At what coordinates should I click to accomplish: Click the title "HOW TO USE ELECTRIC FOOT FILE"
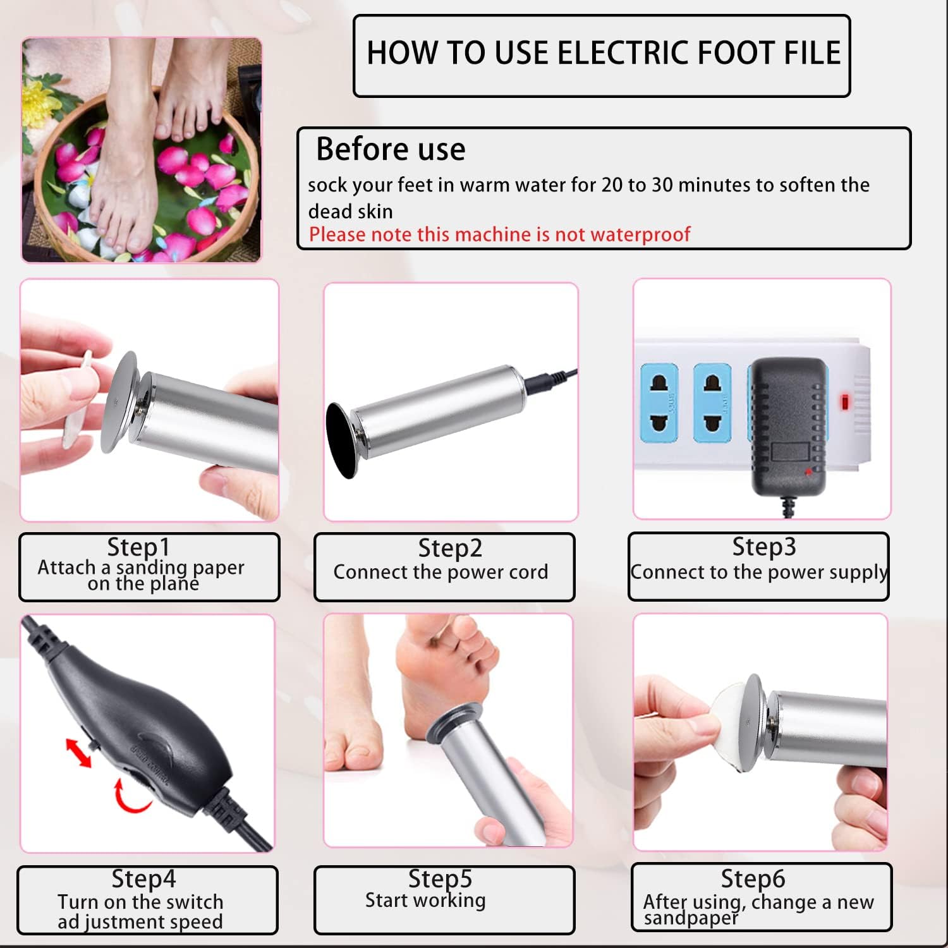[x=603, y=53]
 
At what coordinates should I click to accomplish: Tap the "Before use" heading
[x=391, y=150]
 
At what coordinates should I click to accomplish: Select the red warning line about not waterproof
[x=499, y=234]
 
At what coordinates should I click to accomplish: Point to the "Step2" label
[x=450, y=549]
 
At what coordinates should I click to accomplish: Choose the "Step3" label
[x=763, y=547]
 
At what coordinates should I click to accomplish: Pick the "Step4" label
[x=143, y=879]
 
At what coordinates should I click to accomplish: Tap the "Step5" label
[x=440, y=878]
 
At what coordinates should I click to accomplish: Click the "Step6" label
[x=753, y=879]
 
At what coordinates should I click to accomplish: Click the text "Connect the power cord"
[x=441, y=572]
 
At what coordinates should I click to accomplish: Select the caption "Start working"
[x=425, y=900]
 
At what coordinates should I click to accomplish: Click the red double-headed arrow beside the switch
[x=78, y=753]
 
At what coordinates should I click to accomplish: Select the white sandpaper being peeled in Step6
[x=727, y=720]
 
